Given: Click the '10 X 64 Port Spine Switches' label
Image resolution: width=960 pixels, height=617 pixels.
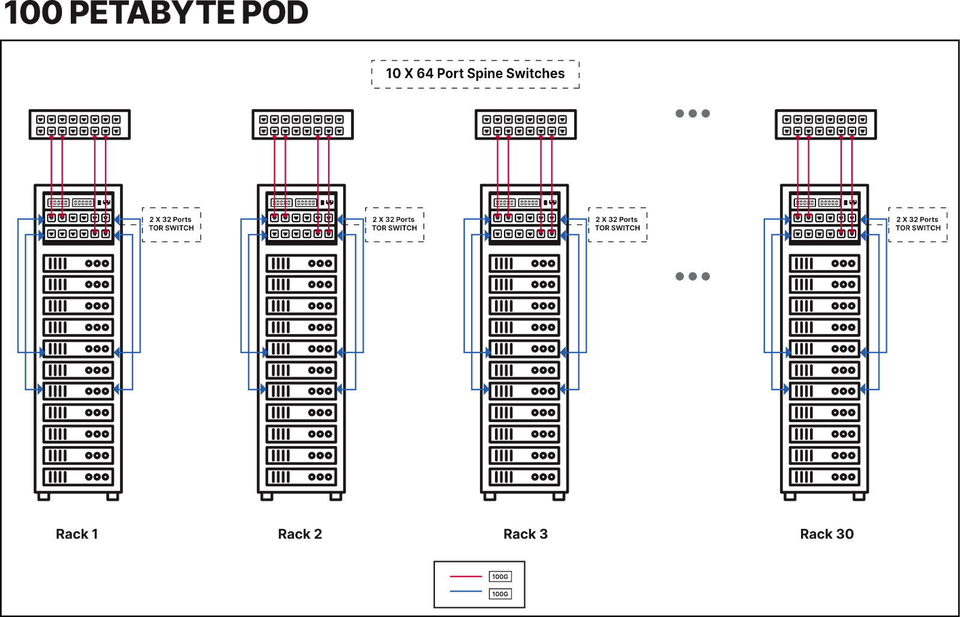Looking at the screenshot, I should tap(475, 74).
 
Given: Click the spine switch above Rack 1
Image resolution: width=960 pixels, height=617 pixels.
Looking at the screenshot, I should tap(79, 125).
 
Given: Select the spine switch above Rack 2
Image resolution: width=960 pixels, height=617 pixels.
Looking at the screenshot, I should tap(302, 125).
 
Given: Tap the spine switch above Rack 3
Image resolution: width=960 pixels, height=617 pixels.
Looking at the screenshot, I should tap(525, 125).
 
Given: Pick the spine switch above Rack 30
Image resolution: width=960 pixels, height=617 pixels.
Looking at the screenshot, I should tap(825, 125).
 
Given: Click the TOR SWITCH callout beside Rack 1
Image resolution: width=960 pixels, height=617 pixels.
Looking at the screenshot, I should tap(172, 224).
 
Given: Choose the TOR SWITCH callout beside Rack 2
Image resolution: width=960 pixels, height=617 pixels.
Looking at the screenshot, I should tap(394, 224).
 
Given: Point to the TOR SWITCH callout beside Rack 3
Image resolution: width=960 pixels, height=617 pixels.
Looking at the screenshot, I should tap(617, 224).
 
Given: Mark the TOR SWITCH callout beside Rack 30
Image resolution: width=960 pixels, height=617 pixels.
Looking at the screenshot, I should tap(917, 224).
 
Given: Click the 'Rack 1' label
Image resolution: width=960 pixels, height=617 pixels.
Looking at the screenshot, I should tap(77, 534).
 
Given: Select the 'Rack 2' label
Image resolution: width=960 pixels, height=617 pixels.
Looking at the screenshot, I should tap(300, 534).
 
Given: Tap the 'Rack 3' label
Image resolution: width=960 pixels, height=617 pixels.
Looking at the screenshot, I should tap(526, 534).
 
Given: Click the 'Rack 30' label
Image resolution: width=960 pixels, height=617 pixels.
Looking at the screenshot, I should tap(826, 534).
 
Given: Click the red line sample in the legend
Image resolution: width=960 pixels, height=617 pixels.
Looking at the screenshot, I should tap(466, 577).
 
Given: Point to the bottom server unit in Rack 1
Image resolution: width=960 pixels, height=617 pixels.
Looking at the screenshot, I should tap(78, 477).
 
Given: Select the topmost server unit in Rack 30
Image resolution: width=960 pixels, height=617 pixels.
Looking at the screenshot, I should tap(824, 263).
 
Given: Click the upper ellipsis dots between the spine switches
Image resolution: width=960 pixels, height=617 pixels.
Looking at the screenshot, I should tap(692, 113).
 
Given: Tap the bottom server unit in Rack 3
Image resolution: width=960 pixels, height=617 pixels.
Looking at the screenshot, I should tap(524, 477).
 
